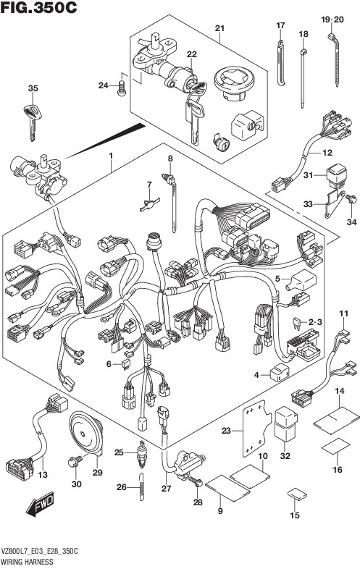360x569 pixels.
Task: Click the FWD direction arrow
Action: click(x=41, y=504)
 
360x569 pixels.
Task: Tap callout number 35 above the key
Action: click(x=33, y=88)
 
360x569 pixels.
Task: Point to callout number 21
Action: click(x=219, y=28)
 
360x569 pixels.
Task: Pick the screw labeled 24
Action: click(x=122, y=88)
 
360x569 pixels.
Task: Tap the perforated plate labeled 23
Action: click(x=256, y=429)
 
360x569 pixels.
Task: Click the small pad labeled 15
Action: click(x=297, y=494)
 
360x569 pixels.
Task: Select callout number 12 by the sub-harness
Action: click(x=327, y=153)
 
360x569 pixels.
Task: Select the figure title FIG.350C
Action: click(x=38, y=7)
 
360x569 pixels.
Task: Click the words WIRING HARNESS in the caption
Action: click(x=27, y=562)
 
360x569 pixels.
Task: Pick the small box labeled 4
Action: click(x=280, y=373)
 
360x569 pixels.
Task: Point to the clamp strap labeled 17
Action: click(x=281, y=63)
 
